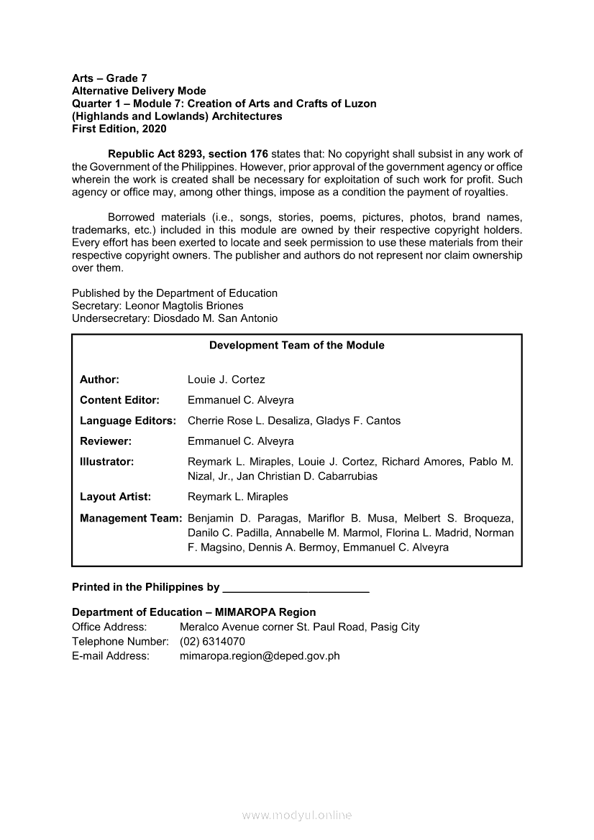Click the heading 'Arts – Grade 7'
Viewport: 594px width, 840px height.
pyautogui.click(x=109, y=78)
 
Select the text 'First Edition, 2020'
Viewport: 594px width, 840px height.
pyautogui.click(x=119, y=129)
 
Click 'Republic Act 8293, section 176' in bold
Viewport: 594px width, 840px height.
pyautogui.click(x=188, y=154)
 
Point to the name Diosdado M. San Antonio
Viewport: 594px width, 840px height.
pyautogui.click(x=215, y=318)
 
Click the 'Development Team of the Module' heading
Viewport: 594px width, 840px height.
pyautogui.click(x=296, y=346)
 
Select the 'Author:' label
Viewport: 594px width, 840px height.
pyautogui.click(x=99, y=379)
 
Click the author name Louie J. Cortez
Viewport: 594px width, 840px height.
pyautogui.click(x=226, y=379)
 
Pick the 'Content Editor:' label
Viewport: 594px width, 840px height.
pyautogui.click(x=119, y=400)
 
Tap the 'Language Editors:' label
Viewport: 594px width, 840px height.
pyautogui.click(x=128, y=421)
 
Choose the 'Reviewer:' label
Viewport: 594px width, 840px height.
pyautogui.click(x=105, y=441)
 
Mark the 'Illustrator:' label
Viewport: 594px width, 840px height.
pyautogui.click(x=106, y=462)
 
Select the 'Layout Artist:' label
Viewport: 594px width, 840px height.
pyautogui.click(x=115, y=497)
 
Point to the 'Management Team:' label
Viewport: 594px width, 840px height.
pyautogui.click(x=130, y=518)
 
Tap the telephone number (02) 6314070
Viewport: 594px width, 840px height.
pyautogui.click(x=212, y=641)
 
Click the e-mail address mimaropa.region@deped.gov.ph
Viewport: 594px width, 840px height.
pyautogui.click(x=260, y=655)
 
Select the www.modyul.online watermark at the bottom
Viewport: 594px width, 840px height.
pyautogui.click(x=297, y=816)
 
